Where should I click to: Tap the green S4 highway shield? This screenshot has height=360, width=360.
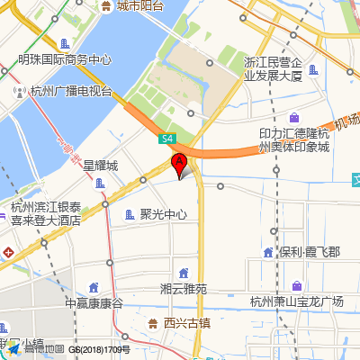point(167,139)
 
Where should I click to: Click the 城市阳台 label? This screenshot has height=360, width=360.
point(139,6)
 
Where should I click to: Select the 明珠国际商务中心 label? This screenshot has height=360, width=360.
point(65,60)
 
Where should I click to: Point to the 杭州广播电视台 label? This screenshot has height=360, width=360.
point(70,91)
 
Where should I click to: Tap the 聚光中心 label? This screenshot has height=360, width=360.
point(164,215)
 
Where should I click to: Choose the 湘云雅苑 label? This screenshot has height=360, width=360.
point(184,289)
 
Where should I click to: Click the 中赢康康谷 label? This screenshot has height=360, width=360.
point(94,303)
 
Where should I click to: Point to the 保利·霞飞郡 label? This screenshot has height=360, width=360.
point(309,253)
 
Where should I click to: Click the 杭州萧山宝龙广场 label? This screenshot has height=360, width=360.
point(297,301)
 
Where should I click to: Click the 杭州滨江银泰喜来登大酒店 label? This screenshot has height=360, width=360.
point(45,212)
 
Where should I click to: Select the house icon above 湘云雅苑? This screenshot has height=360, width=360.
point(184,273)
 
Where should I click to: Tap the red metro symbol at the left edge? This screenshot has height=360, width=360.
point(6,252)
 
